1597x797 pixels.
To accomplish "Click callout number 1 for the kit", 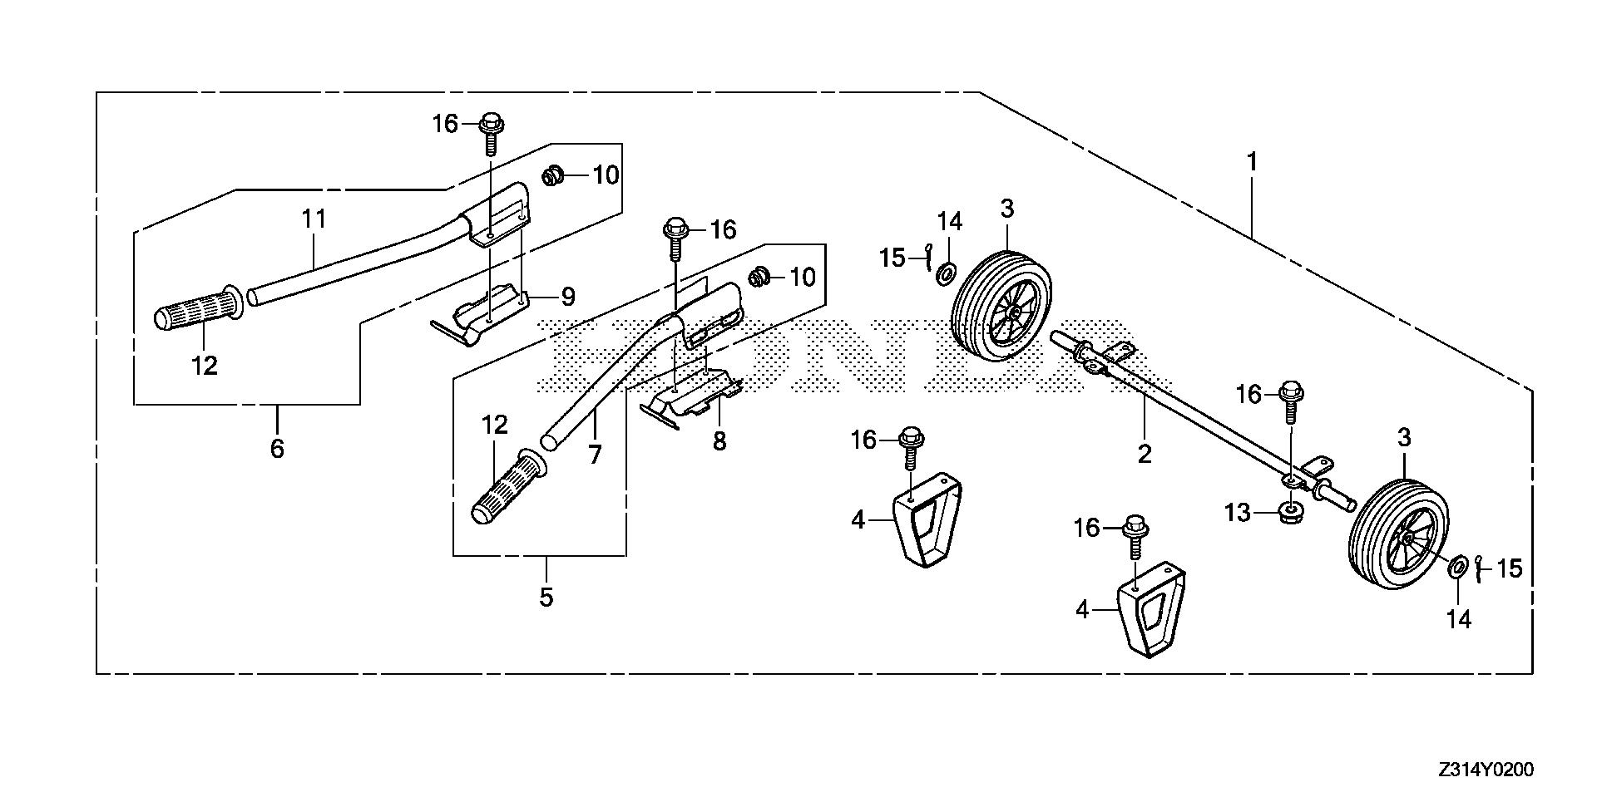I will [x=1251, y=161].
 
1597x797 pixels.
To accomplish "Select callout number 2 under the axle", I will [x=1145, y=453].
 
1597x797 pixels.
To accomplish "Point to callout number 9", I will [x=567, y=295].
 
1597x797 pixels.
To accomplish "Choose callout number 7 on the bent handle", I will [x=595, y=455].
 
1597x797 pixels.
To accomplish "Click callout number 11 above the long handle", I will [x=314, y=220].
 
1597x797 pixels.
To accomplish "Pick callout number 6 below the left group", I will [x=277, y=448].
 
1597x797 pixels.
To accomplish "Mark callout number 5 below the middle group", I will [x=546, y=597].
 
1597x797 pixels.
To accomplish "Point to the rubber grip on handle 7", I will [x=503, y=489].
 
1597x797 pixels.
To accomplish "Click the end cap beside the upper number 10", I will [x=551, y=175].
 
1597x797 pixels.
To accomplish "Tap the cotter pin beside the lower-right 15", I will [x=1479, y=568].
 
